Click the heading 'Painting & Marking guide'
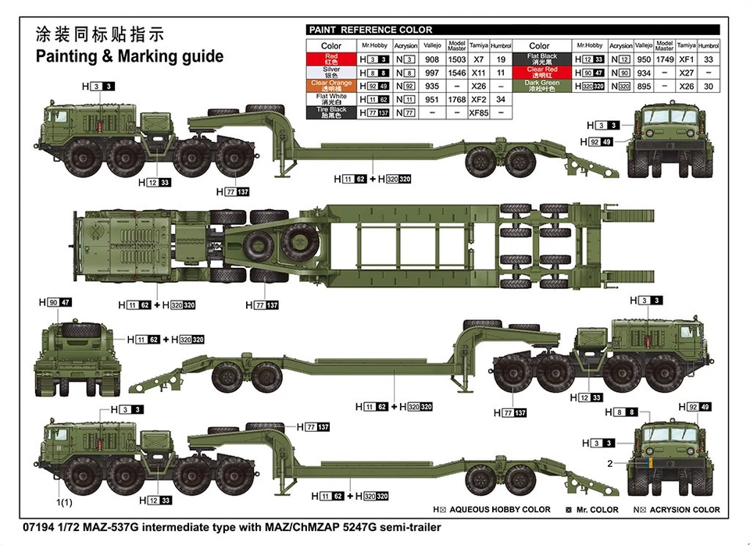click(130, 56)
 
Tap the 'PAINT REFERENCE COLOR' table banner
click(370, 30)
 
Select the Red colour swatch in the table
click(331, 59)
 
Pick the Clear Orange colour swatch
click(331, 85)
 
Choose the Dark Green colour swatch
click(542, 85)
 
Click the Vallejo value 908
click(432, 59)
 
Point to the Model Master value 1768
click(457, 99)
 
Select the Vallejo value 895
click(643, 86)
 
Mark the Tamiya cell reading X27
click(687, 73)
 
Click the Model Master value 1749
click(665, 59)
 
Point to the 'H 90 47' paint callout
click(55, 302)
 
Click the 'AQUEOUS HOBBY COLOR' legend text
click(505, 510)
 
